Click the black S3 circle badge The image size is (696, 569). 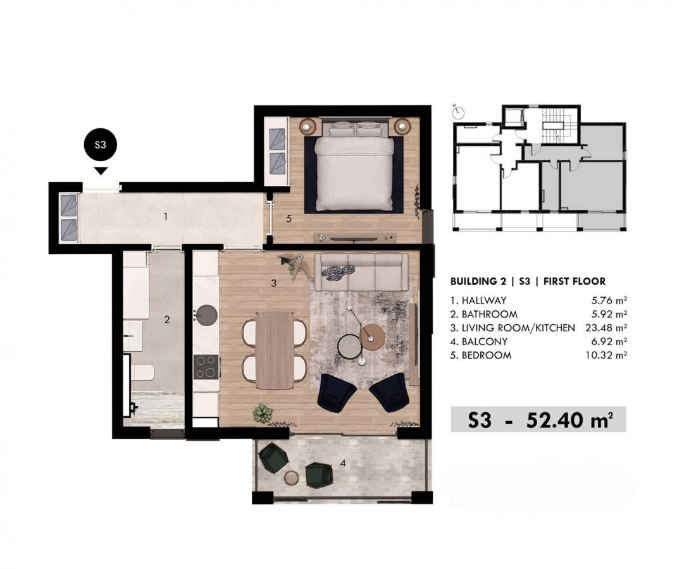click(x=101, y=145)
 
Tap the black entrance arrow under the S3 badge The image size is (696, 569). click(x=101, y=171)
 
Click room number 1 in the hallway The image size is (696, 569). click(x=166, y=217)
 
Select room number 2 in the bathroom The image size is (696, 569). click(x=167, y=319)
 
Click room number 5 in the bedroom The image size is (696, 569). click(x=289, y=219)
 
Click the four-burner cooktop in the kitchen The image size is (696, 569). click(x=206, y=367)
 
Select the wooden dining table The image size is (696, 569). click(x=275, y=350)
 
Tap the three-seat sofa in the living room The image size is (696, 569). click(x=361, y=271)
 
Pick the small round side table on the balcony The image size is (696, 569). click(x=292, y=477)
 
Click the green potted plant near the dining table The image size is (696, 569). click(x=263, y=412)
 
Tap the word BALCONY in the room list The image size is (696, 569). click(x=485, y=342)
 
